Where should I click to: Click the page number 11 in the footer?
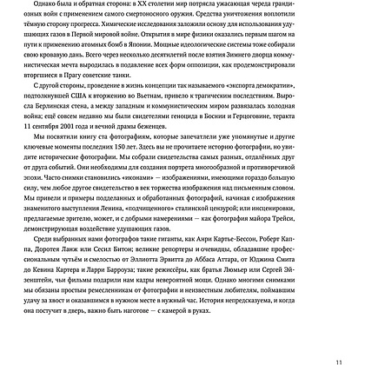(352, 350)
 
